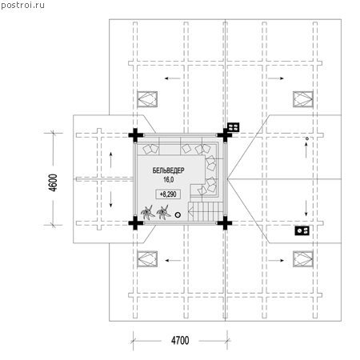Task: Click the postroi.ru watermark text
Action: click(x=22, y=5)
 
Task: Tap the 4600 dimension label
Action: click(x=53, y=182)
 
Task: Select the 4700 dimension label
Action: click(x=180, y=341)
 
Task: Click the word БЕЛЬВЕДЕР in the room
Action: click(x=168, y=170)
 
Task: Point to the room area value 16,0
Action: click(x=169, y=179)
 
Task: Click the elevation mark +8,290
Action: click(x=168, y=194)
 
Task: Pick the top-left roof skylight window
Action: click(x=147, y=99)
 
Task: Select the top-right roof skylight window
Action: click(x=303, y=99)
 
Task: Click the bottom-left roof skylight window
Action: click(x=147, y=258)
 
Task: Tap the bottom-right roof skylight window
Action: click(x=303, y=258)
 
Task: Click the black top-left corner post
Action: click(x=135, y=135)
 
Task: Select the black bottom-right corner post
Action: click(x=225, y=223)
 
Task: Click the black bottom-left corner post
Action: click(x=135, y=223)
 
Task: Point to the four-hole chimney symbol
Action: click(x=233, y=127)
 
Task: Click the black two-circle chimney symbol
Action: click(x=302, y=230)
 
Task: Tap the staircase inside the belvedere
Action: click(x=206, y=211)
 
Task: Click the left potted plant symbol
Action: click(x=147, y=213)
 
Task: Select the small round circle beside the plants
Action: click(x=178, y=214)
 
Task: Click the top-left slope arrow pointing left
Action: click(x=172, y=78)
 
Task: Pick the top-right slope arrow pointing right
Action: click(x=276, y=78)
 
